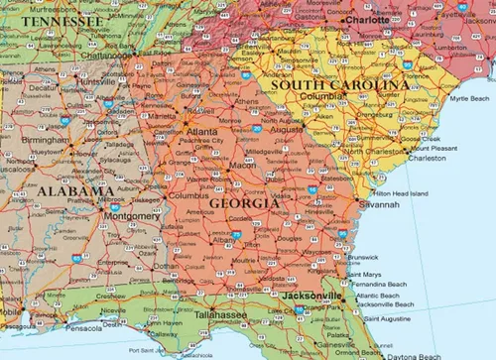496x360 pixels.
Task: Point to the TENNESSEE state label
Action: [62, 21]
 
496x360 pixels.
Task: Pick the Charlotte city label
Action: [366, 19]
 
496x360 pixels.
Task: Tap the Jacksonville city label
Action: [311, 296]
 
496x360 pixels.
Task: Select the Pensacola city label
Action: [84, 327]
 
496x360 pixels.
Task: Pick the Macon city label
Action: [244, 165]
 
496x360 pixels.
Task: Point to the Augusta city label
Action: [286, 130]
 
